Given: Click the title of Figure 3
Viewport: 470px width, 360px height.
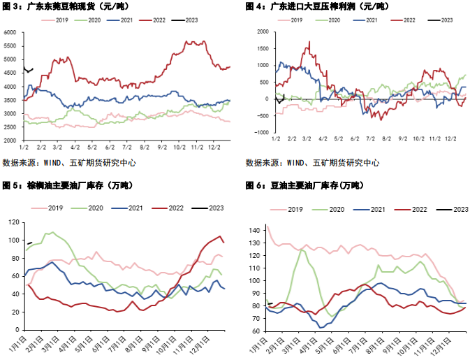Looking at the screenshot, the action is point(66,6).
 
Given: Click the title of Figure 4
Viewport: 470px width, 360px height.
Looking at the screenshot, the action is point(318,6).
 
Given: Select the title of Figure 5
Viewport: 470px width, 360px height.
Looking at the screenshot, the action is point(68,186).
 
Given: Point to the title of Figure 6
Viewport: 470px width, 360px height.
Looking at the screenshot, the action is point(304,186).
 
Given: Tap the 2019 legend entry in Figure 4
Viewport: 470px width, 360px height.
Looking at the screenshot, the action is point(290,20).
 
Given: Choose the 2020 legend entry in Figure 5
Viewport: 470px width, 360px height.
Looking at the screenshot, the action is point(87,208).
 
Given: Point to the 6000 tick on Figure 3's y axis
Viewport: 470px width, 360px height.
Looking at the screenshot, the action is point(10,32).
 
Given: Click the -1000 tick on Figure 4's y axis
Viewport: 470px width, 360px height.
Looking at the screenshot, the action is point(262,132).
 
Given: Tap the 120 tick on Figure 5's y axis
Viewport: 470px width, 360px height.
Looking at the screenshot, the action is point(14,222).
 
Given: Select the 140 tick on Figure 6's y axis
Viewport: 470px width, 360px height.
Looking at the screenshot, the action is point(254,231).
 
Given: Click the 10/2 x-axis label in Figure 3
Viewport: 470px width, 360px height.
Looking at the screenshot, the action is point(179,147).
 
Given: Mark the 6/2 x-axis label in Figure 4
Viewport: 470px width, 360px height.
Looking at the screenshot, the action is point(355,138).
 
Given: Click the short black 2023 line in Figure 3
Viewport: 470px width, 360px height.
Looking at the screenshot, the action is point(28,70).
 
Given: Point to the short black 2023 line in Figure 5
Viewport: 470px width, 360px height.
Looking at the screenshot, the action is point(29,243).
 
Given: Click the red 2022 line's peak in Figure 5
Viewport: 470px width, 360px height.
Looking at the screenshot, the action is point(220,236).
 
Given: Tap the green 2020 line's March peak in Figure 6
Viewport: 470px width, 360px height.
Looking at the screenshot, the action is point(301,250).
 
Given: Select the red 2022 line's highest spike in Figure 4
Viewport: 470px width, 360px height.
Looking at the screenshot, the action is point(309,42).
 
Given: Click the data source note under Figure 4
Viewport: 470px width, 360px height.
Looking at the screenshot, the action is point(312,163).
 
